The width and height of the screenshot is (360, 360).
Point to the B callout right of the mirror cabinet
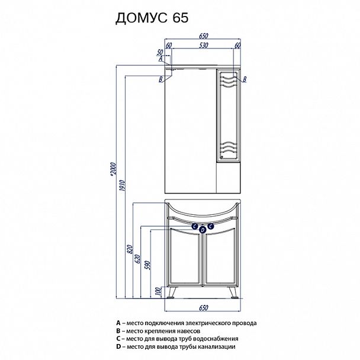pos(245,79)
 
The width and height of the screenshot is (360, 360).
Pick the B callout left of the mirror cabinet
pos(160,79)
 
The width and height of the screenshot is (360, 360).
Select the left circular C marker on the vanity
pos(195,226)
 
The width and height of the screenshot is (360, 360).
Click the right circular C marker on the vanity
pos(211,226)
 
